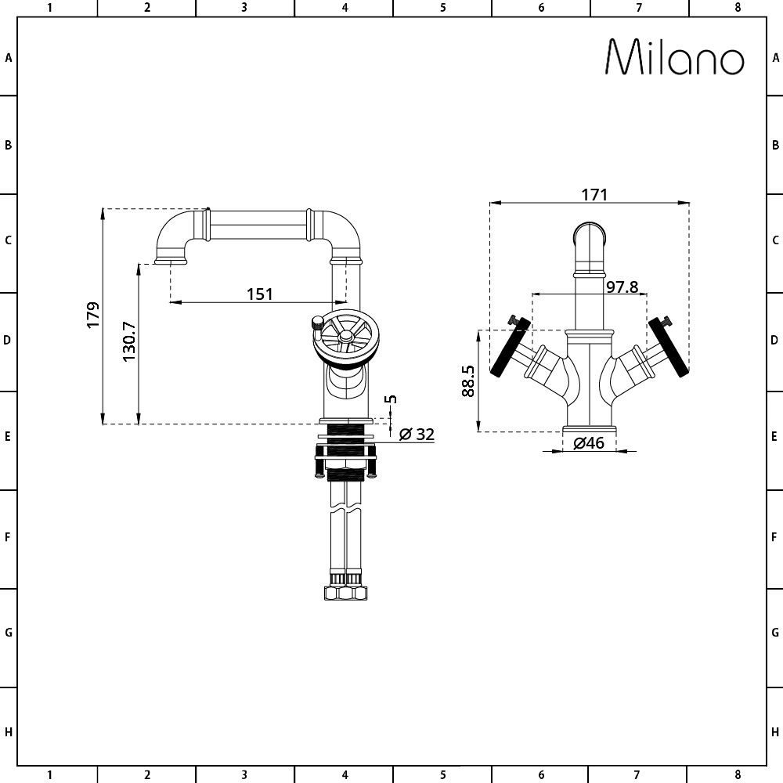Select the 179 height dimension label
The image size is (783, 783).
pos(93,315)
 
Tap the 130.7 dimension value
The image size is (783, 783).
pos(129,341)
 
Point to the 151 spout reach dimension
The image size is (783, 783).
pos(260,294)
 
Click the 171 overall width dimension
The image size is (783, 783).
pos(594,194)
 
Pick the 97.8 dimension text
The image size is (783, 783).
pos(622,287)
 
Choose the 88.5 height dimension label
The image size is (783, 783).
pos(468,381)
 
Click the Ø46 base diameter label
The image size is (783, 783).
pos(589,443)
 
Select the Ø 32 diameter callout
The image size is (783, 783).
pos(417,434)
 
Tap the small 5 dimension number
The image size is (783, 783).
pos(392,399)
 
